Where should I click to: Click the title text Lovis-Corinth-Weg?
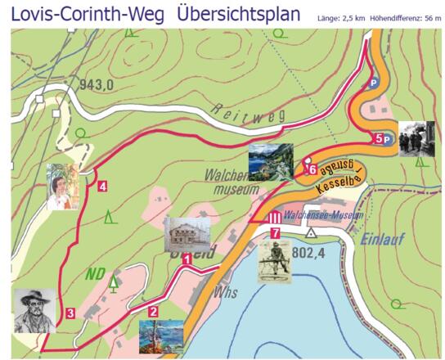click(x=87, y=14)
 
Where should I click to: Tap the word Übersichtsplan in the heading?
click(x=238, y=14)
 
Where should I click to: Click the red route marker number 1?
click(x=187, y=259)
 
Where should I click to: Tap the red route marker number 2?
click(x=153, y=310)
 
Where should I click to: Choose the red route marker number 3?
click(x=71, y=313)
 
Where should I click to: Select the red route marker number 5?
click(x=378, y=138)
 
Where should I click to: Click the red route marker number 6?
click(x=312, y=169)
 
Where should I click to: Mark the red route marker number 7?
click(x=276, y=233)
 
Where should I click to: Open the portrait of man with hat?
click(x=34, y=310)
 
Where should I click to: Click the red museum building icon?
click(x=276, y=218)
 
